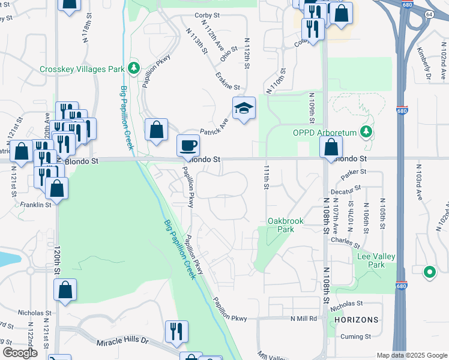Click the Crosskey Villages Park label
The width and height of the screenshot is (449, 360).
[x=82, y=69]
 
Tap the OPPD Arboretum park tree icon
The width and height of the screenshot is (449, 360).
[x=365, y=132]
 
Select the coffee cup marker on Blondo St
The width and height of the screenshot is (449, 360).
[x=188, y=145]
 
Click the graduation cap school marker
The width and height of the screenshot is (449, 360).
[x=244, y=109]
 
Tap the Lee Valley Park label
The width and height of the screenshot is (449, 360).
[x=376, y=260]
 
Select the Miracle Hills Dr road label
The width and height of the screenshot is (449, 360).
[x=122, y=341]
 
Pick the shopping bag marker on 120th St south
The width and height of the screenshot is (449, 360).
[x=65, y=290]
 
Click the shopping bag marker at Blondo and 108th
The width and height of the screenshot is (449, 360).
[x=331, y=146]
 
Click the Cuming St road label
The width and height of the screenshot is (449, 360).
[x=357, y=337]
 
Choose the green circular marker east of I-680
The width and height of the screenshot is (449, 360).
[x=429, y=272]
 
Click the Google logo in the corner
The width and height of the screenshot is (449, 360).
[x=20, y=353]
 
